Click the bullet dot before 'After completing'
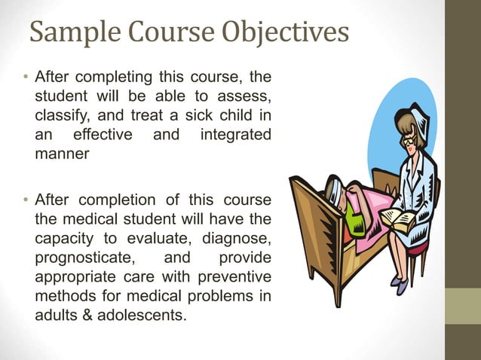pos(25,78)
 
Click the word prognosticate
pos(84,258)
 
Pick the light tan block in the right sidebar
pos(463,307)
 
